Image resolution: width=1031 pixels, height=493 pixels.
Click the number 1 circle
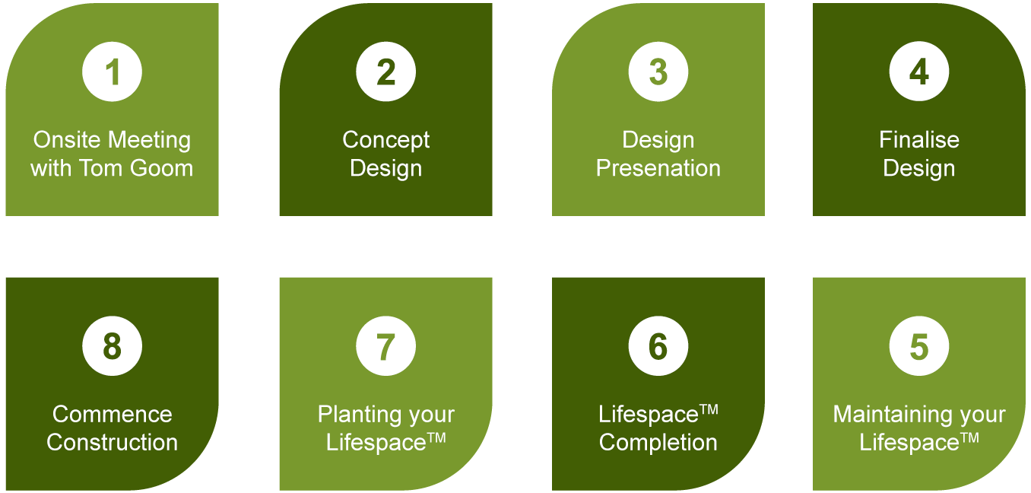pyautogui.click(x=113, y=72)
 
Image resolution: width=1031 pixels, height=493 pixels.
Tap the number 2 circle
pyautogui.click(x=385, y=72)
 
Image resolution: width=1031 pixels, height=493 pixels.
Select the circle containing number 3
pyautogui.click(x=658, y=72)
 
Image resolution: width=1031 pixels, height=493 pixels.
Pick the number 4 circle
pyautogui.click(x=918, y=72)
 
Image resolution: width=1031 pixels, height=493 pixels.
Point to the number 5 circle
pyautogui.click(x=918, y=347)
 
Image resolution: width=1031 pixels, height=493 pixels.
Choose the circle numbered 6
pyautogui.click(x=658, y=347)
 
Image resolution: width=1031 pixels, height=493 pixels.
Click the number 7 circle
pyautogui.click(x=385, y=347)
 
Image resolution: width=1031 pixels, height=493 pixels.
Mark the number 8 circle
pyautogui.click(x=113, y=347)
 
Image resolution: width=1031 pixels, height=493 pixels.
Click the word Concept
pyautogui.click(x=385, y=140)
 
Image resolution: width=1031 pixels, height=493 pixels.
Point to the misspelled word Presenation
pyautogui.click(x=658, y=168)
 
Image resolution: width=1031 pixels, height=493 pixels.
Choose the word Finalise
pyautogui.click(x=918, y=140)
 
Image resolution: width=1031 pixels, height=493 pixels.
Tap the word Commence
pyautogui.click(x=113, y=415)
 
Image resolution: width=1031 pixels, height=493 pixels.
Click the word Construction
pyautogui.click(x=113, y=443)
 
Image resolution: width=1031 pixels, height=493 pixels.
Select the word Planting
pyautogui.click(x=360, y=415)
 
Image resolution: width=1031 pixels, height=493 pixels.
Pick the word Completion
pyautogui.click(x=658, y=443)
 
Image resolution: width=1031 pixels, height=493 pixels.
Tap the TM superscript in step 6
pyautogui.click(x=709, y=409)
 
